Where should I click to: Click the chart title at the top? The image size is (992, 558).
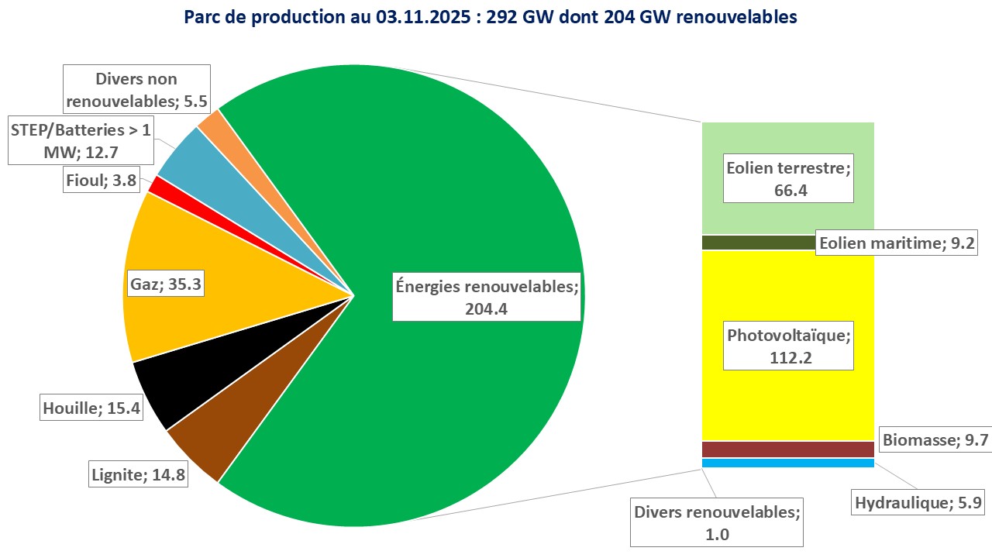[x=491, y=17]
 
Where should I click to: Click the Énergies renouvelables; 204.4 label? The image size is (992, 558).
[x=487, y=298]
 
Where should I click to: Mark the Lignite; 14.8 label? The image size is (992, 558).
[x=138, y=474]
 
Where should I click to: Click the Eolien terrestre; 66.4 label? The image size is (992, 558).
[x=788, y=178]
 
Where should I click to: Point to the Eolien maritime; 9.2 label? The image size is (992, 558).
[x=897, y=244]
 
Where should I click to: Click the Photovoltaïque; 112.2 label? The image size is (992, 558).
[x=788, y=346]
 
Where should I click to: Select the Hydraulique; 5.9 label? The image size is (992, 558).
[x=918, y=503]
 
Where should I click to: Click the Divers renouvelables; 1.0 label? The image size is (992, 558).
[x=716, y=523]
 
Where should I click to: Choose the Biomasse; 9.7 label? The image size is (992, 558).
[x=935, y=440]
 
